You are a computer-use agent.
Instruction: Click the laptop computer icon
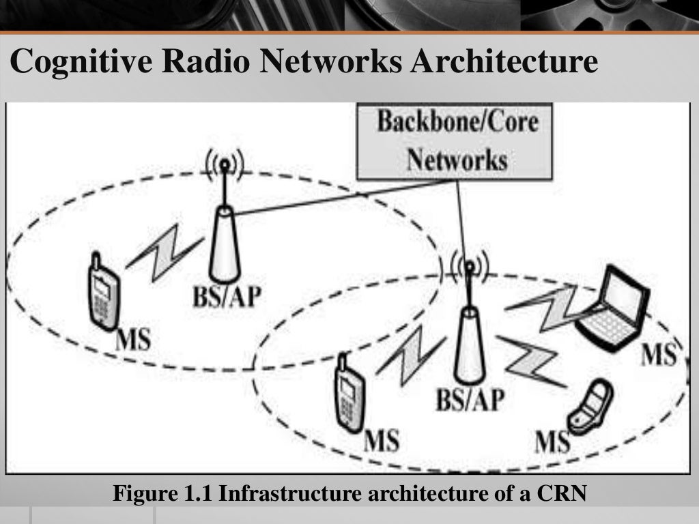pos(613,307)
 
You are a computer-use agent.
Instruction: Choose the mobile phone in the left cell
pos(102,293)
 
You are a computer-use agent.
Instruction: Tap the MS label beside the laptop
pos(659,356)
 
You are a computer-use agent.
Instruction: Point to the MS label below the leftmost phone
pos(133,338)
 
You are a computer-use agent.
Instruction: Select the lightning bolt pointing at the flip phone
pos(531,360)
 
